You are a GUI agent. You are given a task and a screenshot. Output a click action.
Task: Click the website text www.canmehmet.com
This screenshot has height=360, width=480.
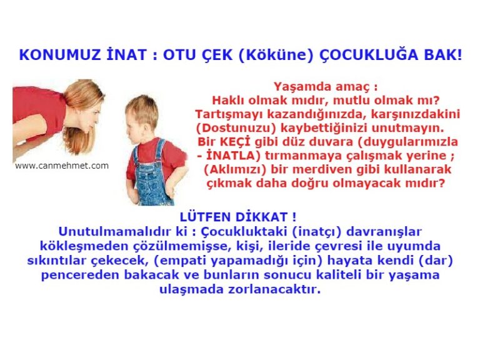[61, 166]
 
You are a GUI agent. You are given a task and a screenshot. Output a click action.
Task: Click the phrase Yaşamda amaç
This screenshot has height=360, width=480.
[325, 87]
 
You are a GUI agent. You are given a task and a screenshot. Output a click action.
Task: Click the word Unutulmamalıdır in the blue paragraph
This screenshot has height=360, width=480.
[107, 232]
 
